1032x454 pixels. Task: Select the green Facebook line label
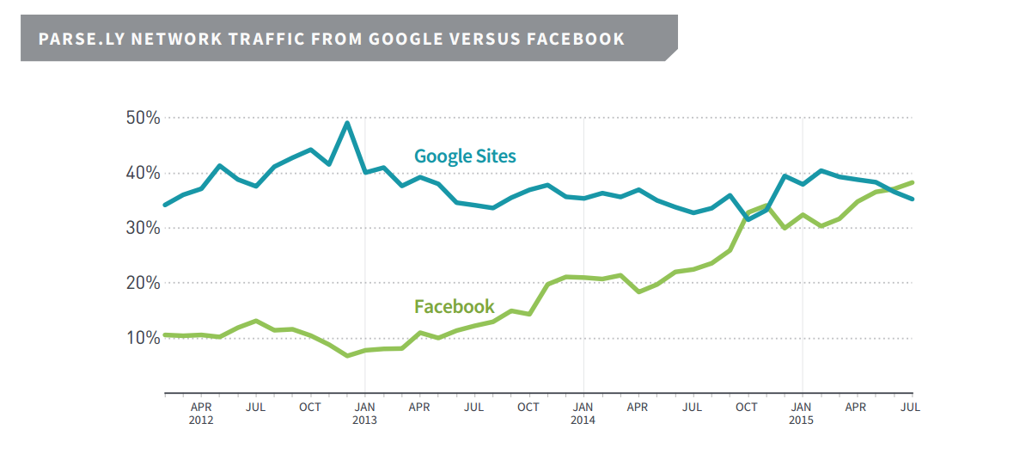454,306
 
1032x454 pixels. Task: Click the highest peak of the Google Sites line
347,122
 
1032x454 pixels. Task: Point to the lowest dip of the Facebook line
347,355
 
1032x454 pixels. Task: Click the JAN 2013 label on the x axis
364,413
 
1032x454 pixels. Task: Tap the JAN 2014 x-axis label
583,413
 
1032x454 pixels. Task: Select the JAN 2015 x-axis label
801,413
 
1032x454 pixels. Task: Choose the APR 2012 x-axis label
201,413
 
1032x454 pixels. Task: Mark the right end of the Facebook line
912,182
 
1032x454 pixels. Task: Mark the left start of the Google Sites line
165,205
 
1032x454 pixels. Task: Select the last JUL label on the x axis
911,407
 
